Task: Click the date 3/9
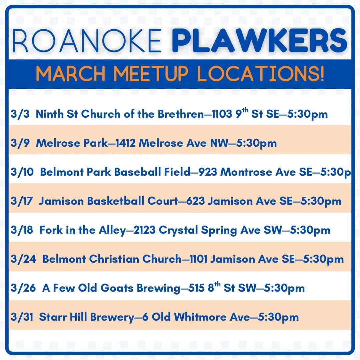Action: click(19, 143)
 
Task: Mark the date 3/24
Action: click(22, 259)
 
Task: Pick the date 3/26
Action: click(22, 288)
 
